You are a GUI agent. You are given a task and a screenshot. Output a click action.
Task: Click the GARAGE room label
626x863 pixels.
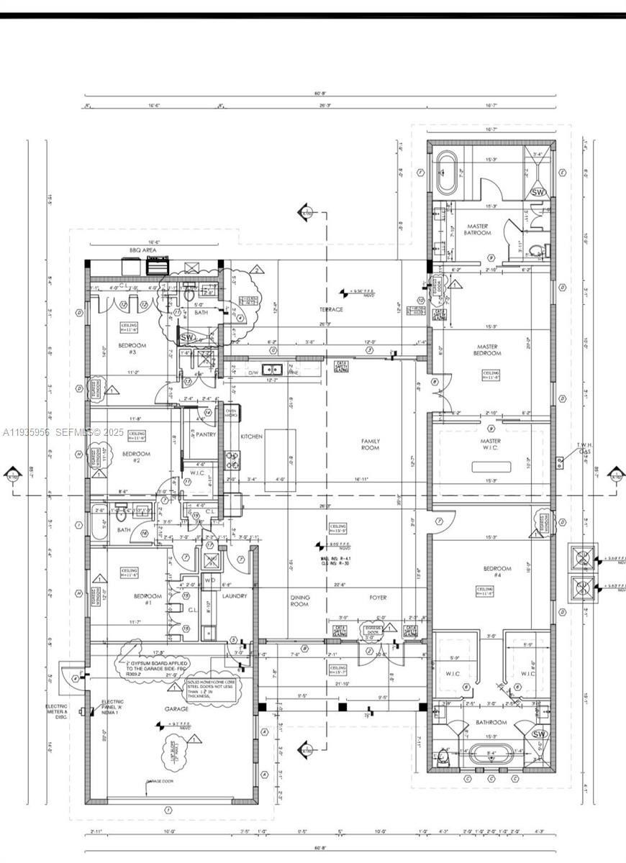[176, 708]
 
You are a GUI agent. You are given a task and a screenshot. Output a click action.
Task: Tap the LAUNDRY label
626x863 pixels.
[235, 596]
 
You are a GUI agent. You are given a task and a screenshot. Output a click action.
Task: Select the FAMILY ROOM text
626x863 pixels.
[370, 444]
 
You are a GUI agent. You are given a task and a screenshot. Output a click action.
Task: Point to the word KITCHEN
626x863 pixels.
[251, 437]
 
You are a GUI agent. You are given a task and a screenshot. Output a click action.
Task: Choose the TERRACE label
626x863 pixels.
[331, 310]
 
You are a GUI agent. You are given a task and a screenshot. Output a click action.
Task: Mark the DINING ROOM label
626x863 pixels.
[299, 601]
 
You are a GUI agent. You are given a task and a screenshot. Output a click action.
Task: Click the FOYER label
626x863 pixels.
[378, 598]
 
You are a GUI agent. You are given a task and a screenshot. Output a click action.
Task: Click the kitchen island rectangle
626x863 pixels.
[280, 460]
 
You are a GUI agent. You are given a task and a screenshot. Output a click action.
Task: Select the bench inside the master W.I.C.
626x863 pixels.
[491, 467]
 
